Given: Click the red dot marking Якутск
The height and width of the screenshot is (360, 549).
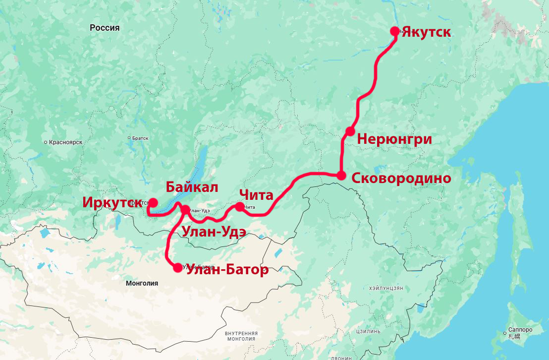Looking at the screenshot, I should click(x=395, y=31).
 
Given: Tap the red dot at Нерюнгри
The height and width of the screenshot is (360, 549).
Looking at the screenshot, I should click(x=350, y=131).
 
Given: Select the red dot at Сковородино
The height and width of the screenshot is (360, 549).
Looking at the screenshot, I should click(x=341, y=175).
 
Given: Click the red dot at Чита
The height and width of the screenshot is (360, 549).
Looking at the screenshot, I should click(x=240, y=206).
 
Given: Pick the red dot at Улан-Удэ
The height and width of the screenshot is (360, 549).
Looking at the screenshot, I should click(x=185, y=210).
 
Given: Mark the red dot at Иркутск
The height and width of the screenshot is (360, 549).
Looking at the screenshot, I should click(x=153, y=202).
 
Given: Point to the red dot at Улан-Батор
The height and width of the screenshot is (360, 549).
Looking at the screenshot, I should click(x=178, y=268).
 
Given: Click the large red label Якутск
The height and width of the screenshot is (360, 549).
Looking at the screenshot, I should click(x=426, y=33).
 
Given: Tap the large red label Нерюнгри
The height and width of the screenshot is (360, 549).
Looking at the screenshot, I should click(x=394, y=139).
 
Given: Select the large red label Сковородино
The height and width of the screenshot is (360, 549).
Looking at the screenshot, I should click(x=401, y=179).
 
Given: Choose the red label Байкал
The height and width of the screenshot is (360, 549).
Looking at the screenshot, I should click(x=192, y=187).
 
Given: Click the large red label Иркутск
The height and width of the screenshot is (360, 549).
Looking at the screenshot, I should click(x=112, y=203).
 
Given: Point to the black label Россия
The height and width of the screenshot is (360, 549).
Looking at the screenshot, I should click(x=105, y=28).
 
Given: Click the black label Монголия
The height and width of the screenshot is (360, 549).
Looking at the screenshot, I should click(x=142, y=283).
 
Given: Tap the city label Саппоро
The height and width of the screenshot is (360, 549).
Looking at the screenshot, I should click(x=520, y=330).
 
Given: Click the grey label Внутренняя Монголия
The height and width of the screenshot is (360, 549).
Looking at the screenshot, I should click(x=241, y=336).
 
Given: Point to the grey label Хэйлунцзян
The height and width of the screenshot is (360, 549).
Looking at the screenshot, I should click(x=386, y=288).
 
